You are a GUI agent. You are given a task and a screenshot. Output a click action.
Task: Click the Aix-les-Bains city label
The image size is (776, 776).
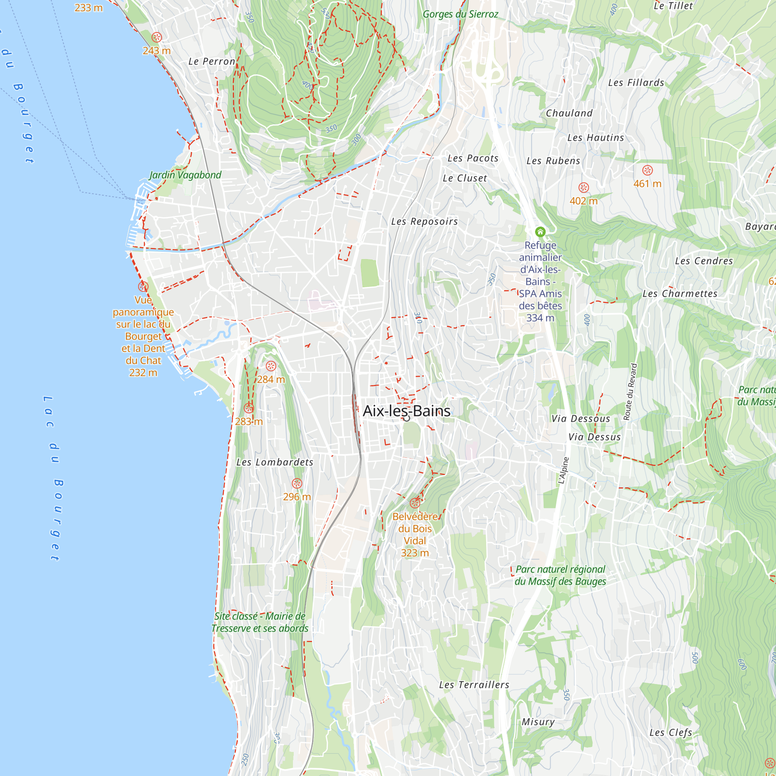click(x=407, y=411)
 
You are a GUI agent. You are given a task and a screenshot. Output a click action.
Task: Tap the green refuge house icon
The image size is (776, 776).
click(x=540, y=232)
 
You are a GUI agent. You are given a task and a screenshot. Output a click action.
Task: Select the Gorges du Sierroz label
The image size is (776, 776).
click(x=460, y=14)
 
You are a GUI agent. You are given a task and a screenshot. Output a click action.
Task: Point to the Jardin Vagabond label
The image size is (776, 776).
click(x=185, y=175)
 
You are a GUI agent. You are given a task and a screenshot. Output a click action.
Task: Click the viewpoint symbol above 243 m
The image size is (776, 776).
click(x=157, y=37)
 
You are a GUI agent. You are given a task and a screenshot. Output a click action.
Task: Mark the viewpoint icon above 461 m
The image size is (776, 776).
click(x=648, y=170)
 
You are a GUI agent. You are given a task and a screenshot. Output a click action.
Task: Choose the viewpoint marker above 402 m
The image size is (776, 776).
click(x=584, y=187)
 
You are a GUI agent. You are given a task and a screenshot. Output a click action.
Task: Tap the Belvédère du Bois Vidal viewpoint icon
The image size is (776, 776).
click(x=415, y=503)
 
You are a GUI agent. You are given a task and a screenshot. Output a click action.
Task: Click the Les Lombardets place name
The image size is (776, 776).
click(x=275, y=462)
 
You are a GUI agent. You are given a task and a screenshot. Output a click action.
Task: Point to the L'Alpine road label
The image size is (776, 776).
click(x=563, y=470)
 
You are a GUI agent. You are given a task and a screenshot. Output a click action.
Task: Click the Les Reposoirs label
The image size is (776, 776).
click(x=424, y=221)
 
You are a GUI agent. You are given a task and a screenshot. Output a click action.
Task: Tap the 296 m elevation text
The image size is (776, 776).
click(x=297, y=497)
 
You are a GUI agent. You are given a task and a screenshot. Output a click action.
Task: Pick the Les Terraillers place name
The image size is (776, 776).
click(x=474, y=685)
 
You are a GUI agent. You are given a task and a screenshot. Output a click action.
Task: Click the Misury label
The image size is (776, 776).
click(x=538, y=722)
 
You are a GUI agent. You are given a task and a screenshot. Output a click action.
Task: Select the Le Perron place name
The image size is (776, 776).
click(x=212, y=61)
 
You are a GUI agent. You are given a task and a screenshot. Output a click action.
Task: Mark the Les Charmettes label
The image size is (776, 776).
click(x=680, y=294)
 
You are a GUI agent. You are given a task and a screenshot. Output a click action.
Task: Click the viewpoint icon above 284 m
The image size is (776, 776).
click(x=271, y=366)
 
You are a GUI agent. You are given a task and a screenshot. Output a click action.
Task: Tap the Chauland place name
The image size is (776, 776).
click(x=569, y=113)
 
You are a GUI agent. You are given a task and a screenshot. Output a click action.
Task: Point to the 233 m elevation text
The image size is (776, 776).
click(x=88, y=8)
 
